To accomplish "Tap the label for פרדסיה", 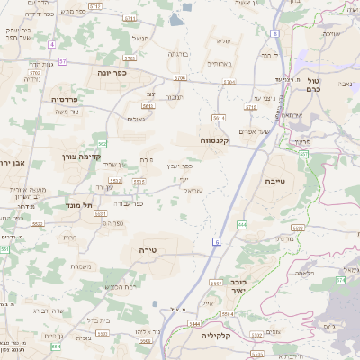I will pyautogui.click(x=67, y=99).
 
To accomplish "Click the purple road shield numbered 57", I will pyautogui.click(x=62, y=61).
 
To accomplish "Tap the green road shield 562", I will pyautogui.click(x=103, y=143).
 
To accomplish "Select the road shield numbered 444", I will pyautogui.click(x=242, y=223).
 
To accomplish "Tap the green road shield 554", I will pyautogui.click(x=55, y=346).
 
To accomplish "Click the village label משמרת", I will pyautogui.click(x=81, y=265).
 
